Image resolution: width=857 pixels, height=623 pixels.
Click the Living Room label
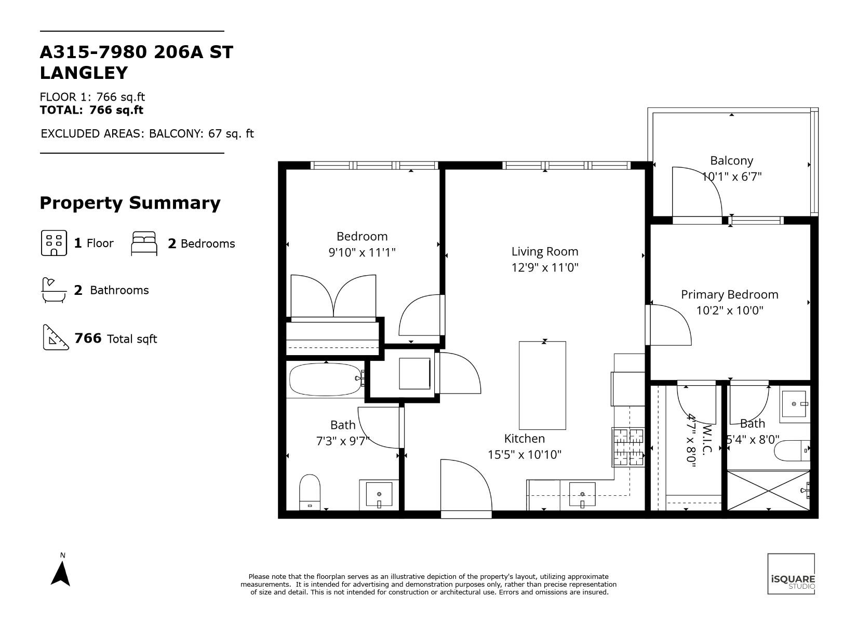coord(545,252)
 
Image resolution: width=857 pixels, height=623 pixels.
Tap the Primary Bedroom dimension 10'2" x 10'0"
coord(730,310)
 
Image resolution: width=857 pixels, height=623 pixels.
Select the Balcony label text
coord(731,160)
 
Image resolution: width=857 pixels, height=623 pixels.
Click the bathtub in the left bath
coord(326,380)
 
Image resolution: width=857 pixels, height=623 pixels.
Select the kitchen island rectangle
coord(542,385)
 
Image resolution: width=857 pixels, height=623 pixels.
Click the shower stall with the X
coord(768,491)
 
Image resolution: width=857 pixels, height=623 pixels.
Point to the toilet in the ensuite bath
coord(792,451)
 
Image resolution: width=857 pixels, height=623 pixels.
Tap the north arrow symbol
coord(60,573)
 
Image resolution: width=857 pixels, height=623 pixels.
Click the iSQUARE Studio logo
coord(791,574)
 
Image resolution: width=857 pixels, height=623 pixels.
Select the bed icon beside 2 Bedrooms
coord(144,243)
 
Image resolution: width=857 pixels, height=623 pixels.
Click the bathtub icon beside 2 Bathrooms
coord(54,290)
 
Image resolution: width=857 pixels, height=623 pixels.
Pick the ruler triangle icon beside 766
coord(56,337)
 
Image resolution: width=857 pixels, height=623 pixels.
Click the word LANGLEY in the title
coord(84,73)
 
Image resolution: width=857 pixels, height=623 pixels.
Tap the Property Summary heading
coord(130,202)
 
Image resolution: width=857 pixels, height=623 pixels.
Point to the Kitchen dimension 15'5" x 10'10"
coord(525,454)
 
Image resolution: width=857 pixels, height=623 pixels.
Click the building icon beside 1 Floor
coord(54,243)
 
